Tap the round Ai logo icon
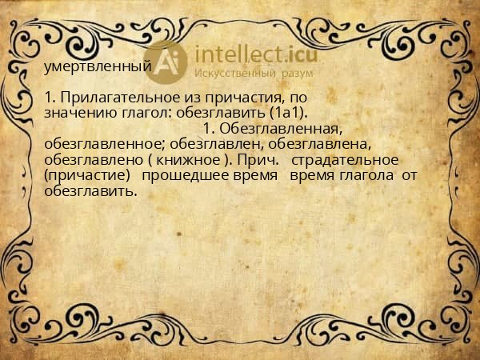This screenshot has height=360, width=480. click(167, 63)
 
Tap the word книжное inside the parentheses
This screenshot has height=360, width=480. click(194, 159)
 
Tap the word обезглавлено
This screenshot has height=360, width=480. click(93, 159)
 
